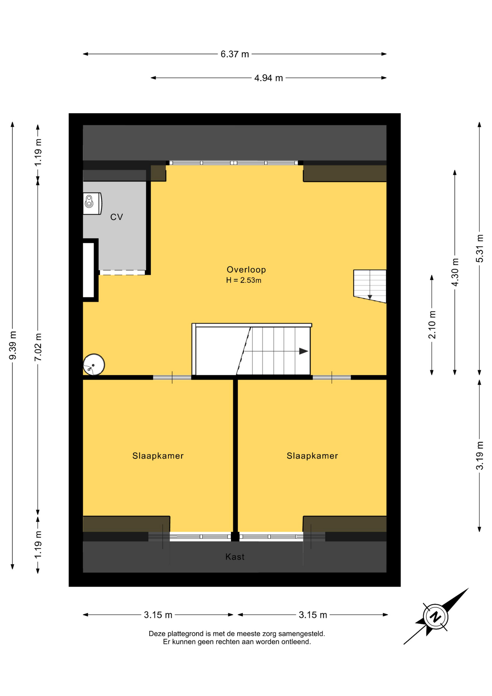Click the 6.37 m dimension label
(x=235, y=54)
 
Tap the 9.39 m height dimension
(x=13, y=345)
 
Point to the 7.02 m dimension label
(x=38, y=347)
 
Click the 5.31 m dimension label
(x=480, y=249)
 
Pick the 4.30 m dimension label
(x=455, y=272)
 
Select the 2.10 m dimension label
(x=432, y=325)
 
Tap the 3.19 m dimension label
(x=480, y=456)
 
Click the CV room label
(x=117, y=217)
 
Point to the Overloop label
(x=246, y=270)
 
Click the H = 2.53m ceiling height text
(x=243, y=280)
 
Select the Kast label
(x=235, y=557)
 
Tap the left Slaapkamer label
(x=158, y=456)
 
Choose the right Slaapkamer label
(x=312, y=456)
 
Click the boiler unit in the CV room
(x=92, y=204)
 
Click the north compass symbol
(x=435, y=617)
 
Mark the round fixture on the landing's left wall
(x=94, y=364)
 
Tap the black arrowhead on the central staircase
(x=304, y=351)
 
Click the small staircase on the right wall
(x=370, y=286)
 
